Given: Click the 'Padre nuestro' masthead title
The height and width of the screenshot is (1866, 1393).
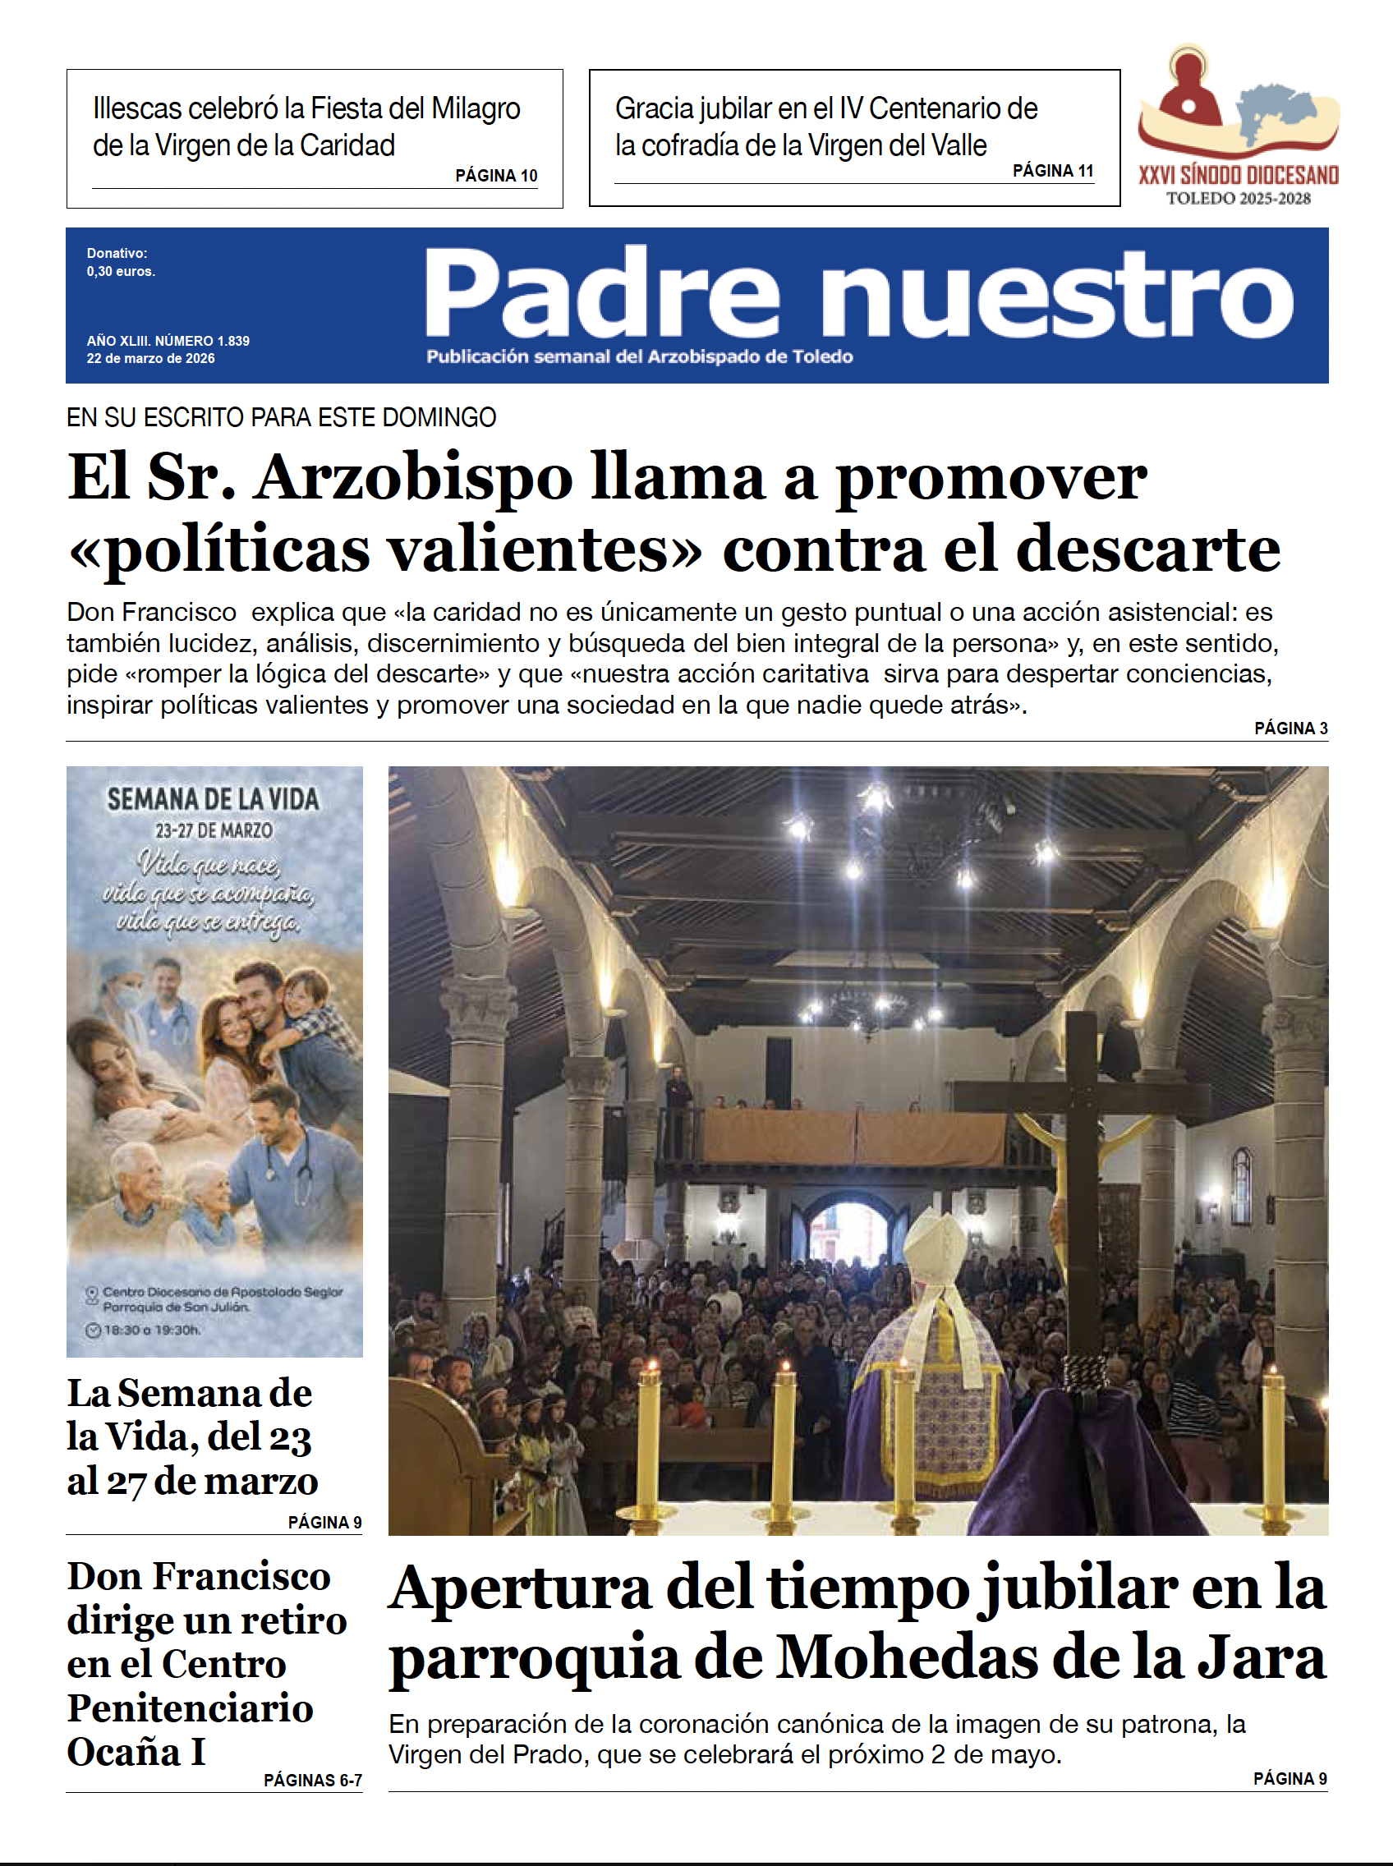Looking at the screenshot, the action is [857, 292].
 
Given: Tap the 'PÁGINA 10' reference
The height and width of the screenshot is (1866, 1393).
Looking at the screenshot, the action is [496, 176].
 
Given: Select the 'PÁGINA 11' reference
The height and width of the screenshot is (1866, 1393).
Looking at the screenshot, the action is [1052, 170].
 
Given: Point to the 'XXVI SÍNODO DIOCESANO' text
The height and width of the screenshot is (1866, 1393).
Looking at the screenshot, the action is [1238, 176].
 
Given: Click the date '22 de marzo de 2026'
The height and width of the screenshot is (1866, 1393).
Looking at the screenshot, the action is [150, 358].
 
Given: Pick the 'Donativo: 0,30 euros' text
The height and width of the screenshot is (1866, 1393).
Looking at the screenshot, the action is [121, 262].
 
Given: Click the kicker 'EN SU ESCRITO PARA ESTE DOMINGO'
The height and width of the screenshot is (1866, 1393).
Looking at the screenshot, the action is [281, 417].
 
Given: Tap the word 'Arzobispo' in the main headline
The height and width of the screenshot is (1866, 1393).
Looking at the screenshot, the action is [414, 477].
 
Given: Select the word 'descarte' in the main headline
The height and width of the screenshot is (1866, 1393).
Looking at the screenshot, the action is [1148, 549].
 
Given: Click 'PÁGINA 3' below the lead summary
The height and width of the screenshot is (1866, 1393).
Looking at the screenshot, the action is [1290, 728].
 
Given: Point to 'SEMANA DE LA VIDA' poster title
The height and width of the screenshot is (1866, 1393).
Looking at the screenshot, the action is [214, 799].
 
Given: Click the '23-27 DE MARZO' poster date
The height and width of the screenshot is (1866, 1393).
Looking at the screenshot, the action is [214, 830].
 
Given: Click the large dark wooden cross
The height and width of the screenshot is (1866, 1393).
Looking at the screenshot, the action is [1082, 1180].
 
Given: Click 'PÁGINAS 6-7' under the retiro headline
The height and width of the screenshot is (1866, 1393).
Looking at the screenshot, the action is [312, 1780].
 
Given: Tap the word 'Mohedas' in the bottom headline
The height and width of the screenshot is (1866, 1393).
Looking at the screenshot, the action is [907, 1657].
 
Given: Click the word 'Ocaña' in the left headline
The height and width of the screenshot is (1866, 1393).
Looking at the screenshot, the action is [123, 1751].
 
